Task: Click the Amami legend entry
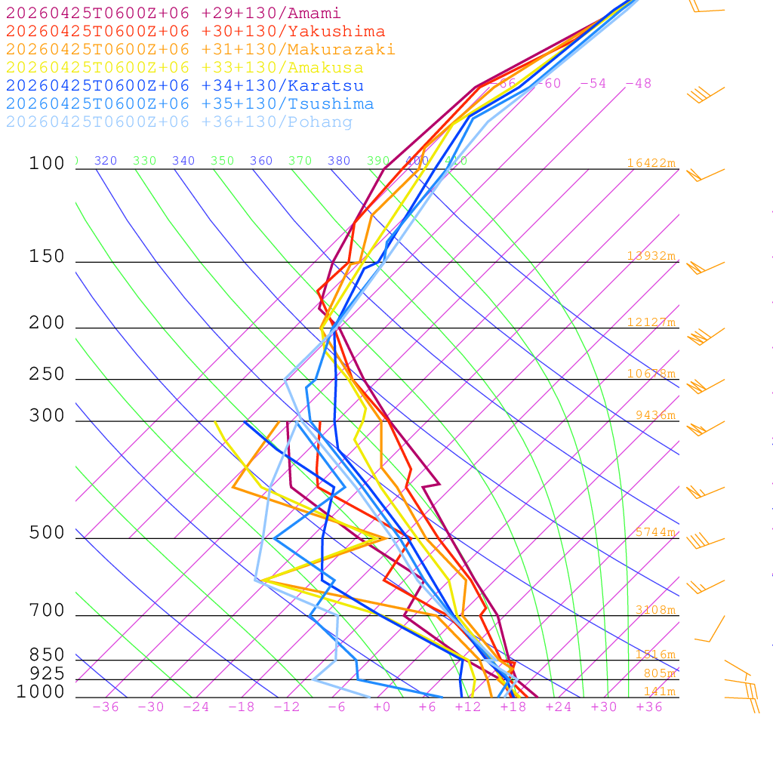[x=173, y=14]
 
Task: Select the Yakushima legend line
[x=195, y=32]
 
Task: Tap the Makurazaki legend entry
[x=200, y=50]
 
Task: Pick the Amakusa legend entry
[x=184, y=68]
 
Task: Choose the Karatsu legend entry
[x=184, y=86]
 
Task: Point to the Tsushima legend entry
[x=189, y=104]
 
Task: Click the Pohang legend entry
[x=179, y=122]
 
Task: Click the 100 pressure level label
[x=47, y=163]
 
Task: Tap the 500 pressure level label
[x=47, y=533]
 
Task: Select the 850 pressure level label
[x=47, y=654]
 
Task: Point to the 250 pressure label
[x=47, y=374]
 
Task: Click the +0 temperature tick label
[x=382, y=707]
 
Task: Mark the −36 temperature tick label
[x=106, y=707]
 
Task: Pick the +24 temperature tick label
[x=559, y=707]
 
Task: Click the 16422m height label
[x=651, y=163]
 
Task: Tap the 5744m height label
[x=655, y=532]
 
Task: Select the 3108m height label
[x=655, y=610]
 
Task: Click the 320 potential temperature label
[x=106, y=161]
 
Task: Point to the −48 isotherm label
[x=638, y=84]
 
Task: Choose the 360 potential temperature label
[x=261, y=161]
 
